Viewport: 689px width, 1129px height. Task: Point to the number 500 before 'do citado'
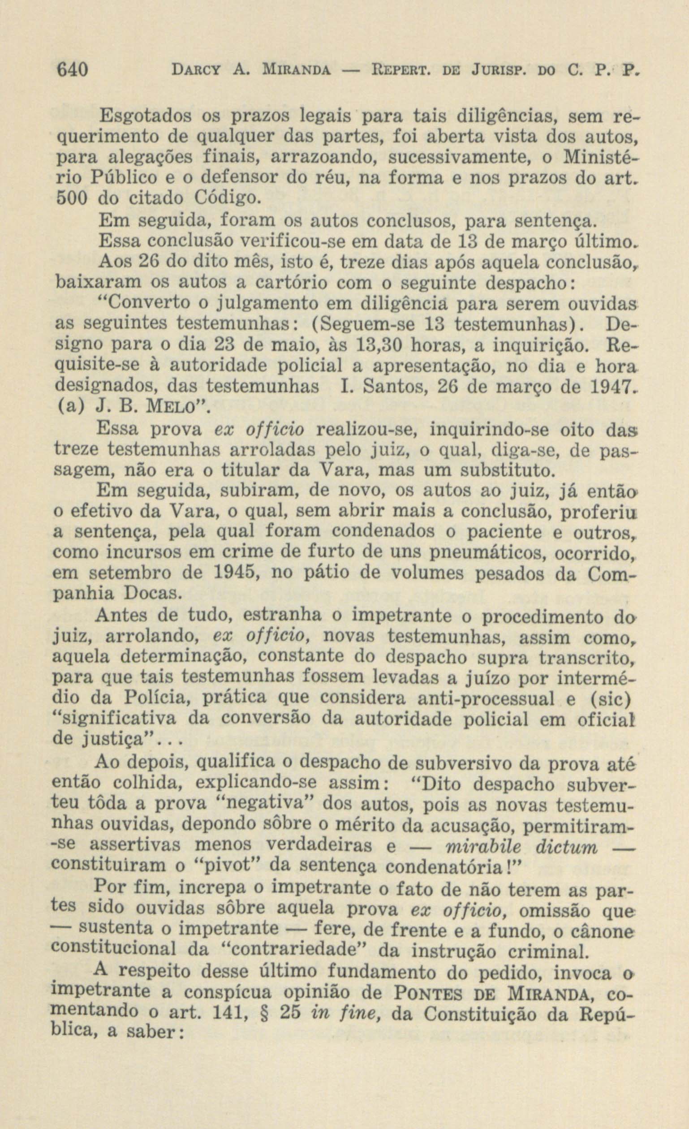(x=73, y=199)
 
